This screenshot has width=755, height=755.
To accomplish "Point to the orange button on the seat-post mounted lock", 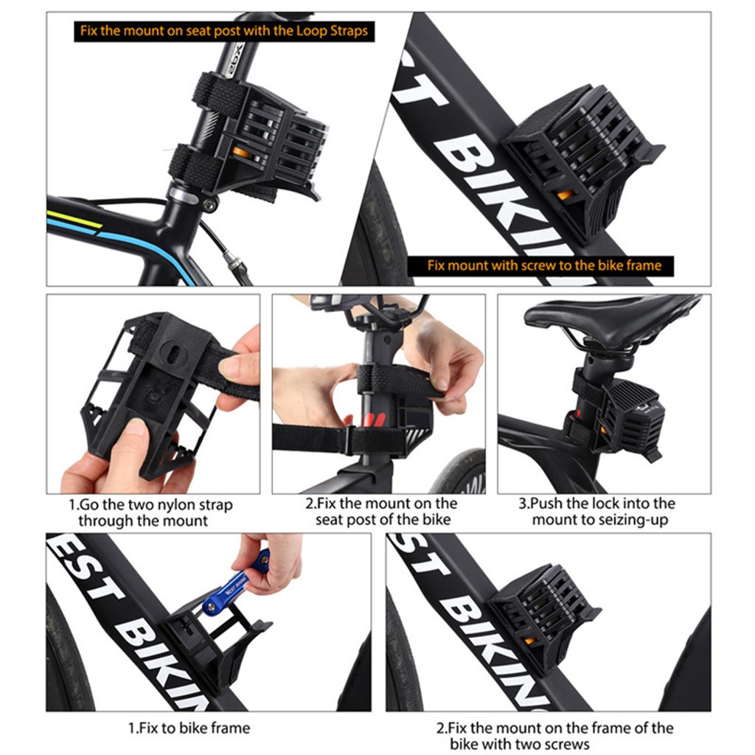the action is (x=240, y=153).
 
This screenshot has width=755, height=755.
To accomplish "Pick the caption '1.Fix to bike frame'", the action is (x=189, y=728).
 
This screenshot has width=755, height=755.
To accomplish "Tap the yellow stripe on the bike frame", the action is (x=74, y=218).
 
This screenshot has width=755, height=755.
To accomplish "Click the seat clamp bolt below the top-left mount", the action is (x=209, y=205).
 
